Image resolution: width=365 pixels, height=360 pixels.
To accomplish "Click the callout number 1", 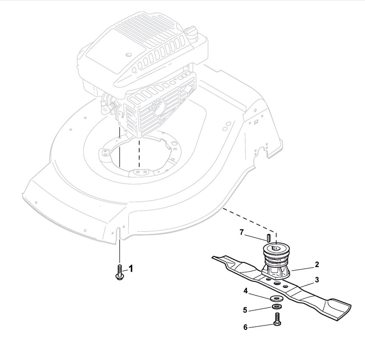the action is [x=131, y=268].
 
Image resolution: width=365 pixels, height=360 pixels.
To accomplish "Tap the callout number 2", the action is [x=317, y=264].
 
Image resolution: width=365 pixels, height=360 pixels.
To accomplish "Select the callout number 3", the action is [x=317, y=280].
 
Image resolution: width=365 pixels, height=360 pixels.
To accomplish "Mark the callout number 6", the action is [x=246, y=327].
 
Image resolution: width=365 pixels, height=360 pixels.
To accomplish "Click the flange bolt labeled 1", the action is [x=120, y=272].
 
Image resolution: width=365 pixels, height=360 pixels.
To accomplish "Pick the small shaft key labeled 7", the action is [x=268, y=236].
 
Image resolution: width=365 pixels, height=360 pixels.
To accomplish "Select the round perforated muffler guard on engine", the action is [x=158, y=107].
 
